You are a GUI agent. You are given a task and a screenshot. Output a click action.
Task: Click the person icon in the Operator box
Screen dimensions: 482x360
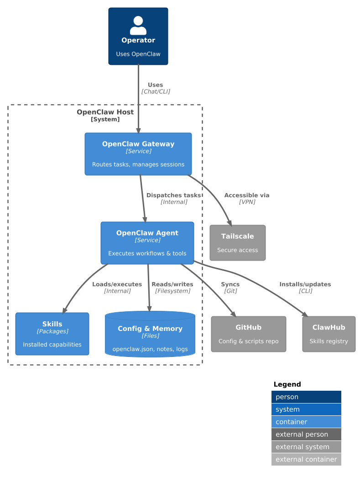pyautogui.click(x=138, y=26)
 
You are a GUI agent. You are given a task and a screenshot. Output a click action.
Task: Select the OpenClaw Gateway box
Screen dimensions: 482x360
pyautogui.click(x=138, y=154)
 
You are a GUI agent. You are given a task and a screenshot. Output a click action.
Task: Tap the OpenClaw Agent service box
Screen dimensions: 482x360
pyautogui.click(x=147, y=243)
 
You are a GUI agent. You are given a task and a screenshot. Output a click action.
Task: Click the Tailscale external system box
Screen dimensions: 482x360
pyautogui.click(x=237, y=243)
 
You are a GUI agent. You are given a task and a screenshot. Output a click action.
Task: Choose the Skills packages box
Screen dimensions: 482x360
pyautogui.click(x=52, y=334)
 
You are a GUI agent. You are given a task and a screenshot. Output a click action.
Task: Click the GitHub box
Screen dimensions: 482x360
pyautogui.click(x=249, y=334)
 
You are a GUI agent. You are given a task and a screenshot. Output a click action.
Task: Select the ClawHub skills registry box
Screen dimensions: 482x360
pyautogui.click(x=329, y=334)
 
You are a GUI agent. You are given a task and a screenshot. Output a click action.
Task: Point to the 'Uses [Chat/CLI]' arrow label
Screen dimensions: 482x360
pyautogui.click(x=156, y=88)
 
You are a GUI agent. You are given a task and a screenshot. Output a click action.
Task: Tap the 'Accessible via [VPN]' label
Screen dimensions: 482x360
pyautogui.click(x=247, y=198)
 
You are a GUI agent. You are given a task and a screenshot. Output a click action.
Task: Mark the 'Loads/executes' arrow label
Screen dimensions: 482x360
pyautogui.click(x=117, y=287)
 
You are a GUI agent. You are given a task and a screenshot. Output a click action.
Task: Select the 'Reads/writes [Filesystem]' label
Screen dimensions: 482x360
pyautogui.click(x=172, y=287)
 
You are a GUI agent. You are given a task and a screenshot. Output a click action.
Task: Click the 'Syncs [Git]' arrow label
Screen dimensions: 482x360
pyautogui.click(x=230, y=287)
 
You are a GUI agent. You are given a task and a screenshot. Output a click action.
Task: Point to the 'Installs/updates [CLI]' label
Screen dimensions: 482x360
pyautogui.click(x=305, y=287)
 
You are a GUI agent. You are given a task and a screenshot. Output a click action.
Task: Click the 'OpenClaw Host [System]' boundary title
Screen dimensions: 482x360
pyautogui.click(x=105, y=115)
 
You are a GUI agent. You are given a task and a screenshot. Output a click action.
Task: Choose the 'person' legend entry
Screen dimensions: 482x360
pyautogui.click(x=306, y=397)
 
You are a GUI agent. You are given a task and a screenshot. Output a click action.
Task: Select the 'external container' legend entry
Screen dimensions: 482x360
pyautogui.click(x=306, y=459)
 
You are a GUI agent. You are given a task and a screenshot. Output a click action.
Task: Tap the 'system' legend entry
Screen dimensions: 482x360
pyautogui.click(x=306, y=409)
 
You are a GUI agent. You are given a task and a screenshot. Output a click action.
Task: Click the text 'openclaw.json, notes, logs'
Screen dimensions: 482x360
pyautogui.click(x=150, y=349)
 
